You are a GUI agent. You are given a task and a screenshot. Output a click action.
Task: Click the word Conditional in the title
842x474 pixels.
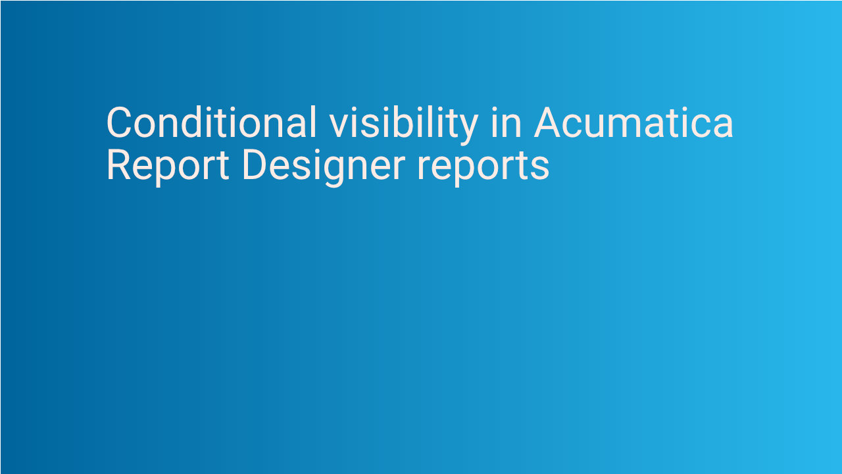(x=211, y=122)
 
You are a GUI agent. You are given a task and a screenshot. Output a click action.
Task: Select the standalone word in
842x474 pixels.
(x=506, y=122)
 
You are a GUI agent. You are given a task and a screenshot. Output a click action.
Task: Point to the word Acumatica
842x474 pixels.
(x=633, y=122)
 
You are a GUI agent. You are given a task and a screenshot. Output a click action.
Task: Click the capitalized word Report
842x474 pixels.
(x=167, y=165)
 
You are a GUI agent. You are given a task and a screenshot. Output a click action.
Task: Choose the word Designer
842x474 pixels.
(x=323, y=167)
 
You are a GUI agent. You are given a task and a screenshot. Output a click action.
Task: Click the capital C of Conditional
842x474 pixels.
(x=120, y=122)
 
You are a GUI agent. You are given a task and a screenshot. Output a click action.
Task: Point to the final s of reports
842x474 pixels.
(x=540, y=168)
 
